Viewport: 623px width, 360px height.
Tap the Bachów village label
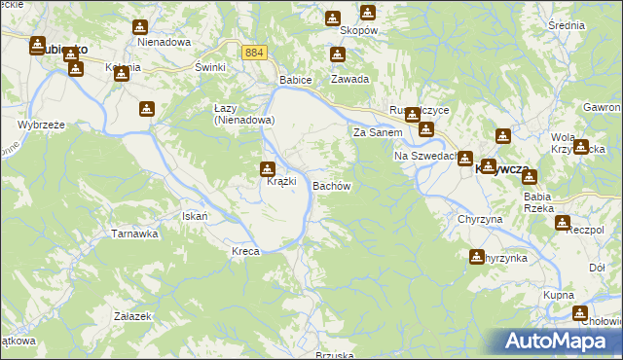[x=331, y=185]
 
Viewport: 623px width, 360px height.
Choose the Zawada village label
[x=349, y=79]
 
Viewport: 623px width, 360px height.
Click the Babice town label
[x=295, y=79]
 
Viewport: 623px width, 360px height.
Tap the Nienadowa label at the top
[x=164, y=43]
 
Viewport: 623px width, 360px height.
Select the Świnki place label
[x=210, y=66]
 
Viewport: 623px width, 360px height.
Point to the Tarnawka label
[x=134, y=234]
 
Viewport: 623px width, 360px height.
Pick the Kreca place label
[x=245, y=251]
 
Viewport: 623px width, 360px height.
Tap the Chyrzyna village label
[x=480, y=220]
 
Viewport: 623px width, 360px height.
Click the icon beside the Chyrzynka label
[x=477, y=257]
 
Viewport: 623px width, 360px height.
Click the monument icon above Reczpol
[x=563, y=223]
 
